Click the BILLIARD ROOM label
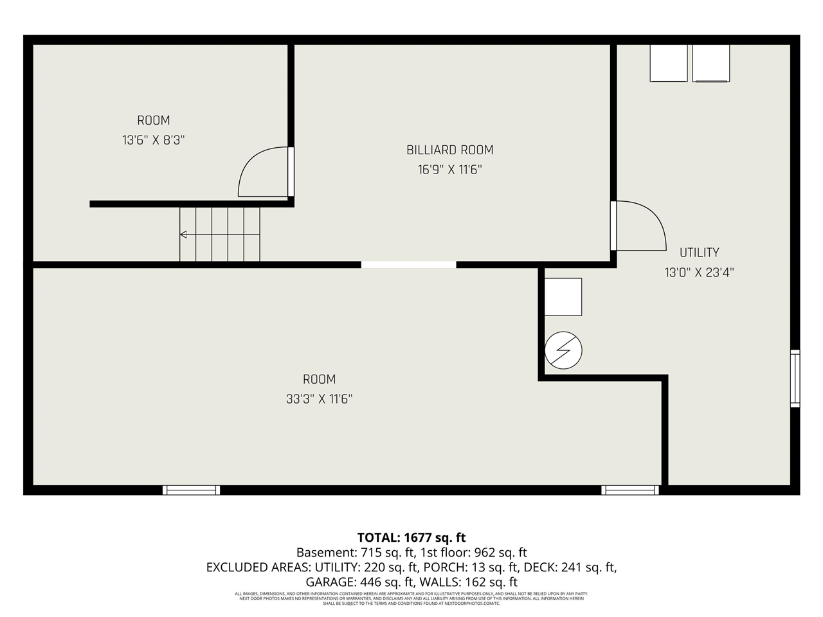coord(449,150)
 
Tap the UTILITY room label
coord(699,253)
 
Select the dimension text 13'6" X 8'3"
coord(153,139)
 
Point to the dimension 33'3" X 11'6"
coord(319,399)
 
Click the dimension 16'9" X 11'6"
coord(449,170)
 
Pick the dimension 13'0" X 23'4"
coord(699,273)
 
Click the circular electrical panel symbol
coord(563,351)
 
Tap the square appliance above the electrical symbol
coord(563,297)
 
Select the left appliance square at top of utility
coord(669,63)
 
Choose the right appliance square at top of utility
coord(710,63)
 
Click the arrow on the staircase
coord(184,235)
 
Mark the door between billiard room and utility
coord(638,226)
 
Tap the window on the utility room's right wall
coord(795,379)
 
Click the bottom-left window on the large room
coord(191,490)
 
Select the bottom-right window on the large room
coord(630,490)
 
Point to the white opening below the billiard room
coord(408,264)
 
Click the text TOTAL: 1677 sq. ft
coord(411,537)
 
